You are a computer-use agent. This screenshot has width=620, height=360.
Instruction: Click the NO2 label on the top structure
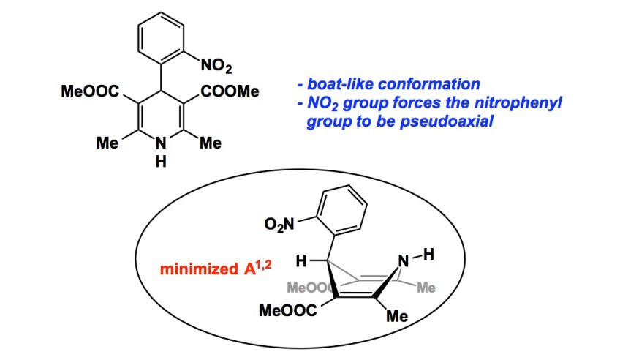click(x=217, y=68)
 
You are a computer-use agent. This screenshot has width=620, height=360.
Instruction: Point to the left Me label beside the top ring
click(x=109, y=143)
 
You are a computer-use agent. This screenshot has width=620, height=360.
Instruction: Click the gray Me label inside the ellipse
click(x=425, y=288)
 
